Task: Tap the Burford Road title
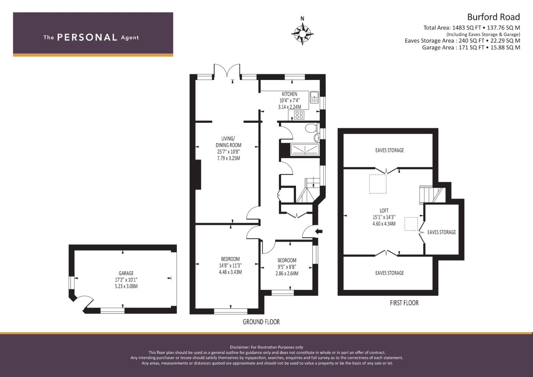point(494,17)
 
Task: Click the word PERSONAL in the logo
point(87,37)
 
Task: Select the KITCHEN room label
point(289,94)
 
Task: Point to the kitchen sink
point(314,97)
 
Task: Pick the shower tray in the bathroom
point(305,149)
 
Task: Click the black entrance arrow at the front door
point(319,231)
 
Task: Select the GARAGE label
point(126,273)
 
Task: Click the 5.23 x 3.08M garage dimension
point(126,286)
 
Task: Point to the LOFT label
point(384,210)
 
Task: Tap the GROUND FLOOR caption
point(261,322)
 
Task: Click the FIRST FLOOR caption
point(404,303)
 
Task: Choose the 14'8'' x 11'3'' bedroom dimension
point(230,265)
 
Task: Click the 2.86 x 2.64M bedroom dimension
point(287,273)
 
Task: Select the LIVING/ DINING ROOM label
point(228,142)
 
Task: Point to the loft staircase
point(432,195)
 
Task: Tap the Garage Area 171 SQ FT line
point(471,47)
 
